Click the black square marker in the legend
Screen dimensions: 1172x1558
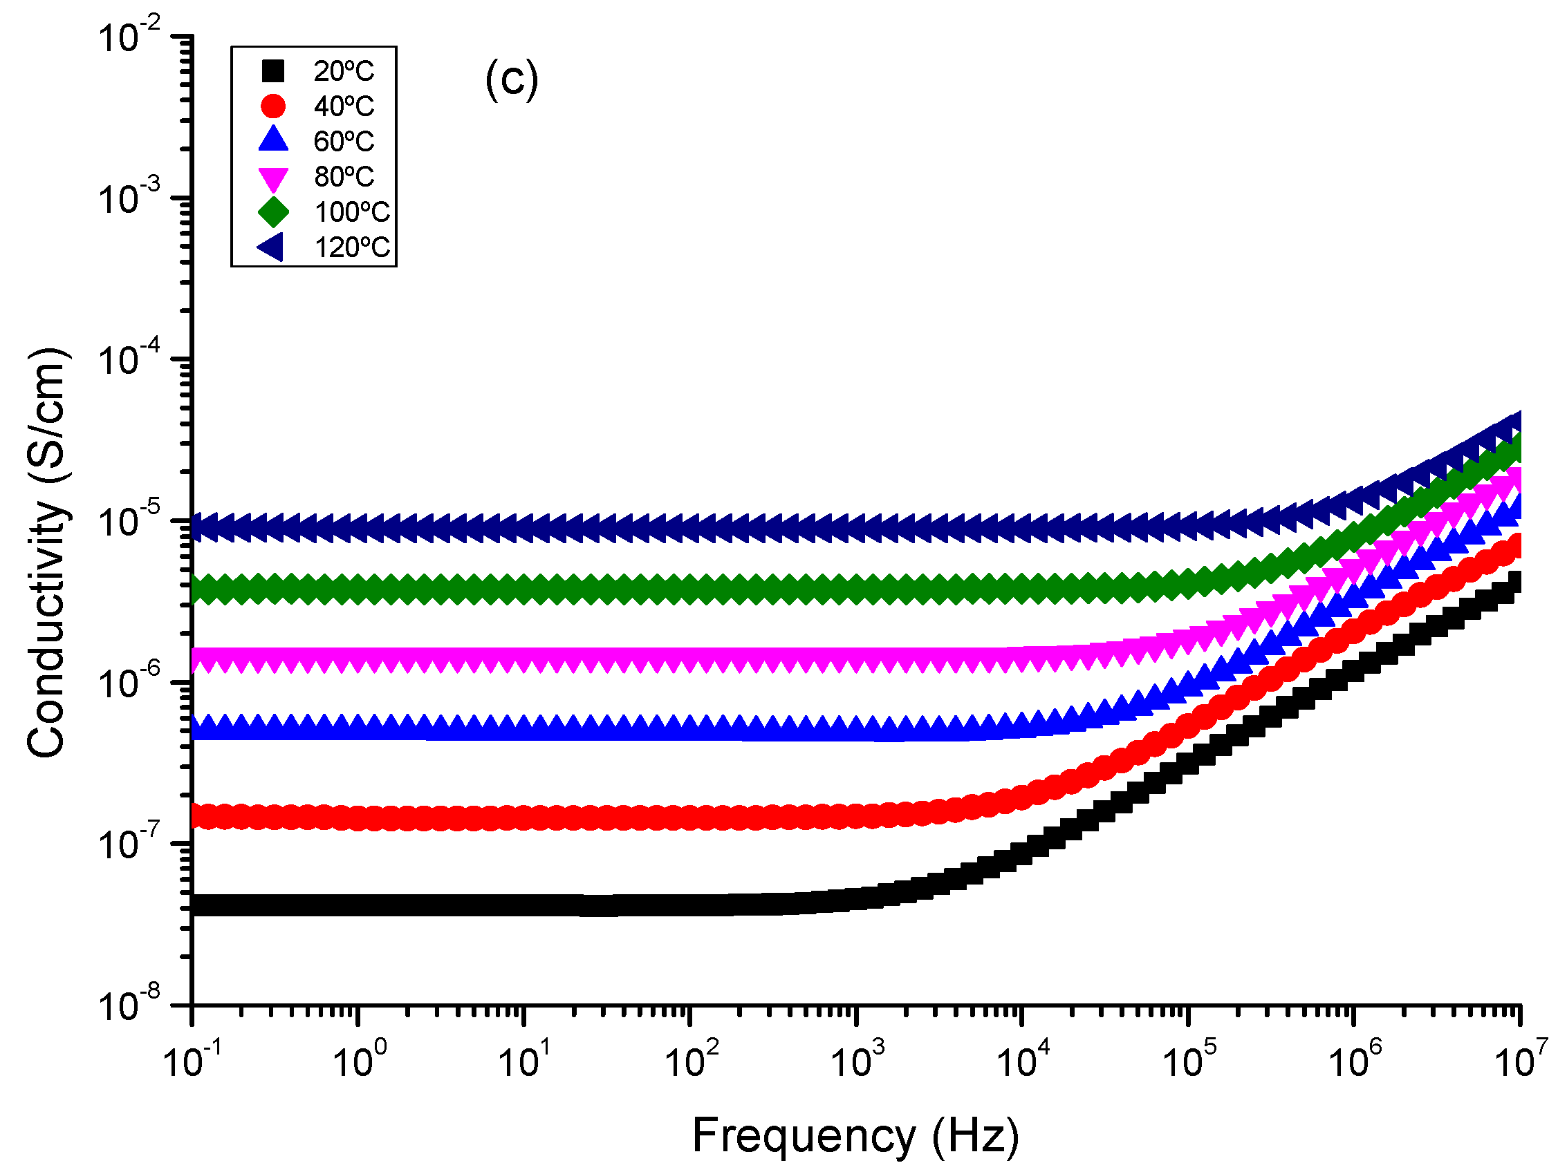[272, 70]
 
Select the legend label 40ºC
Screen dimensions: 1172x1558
[344, 106]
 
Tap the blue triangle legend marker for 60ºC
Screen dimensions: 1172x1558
[273, 140]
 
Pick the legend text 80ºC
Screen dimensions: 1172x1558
[344, 177]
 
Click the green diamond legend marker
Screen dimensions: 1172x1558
[273, 212]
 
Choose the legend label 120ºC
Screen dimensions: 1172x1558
[351, 248]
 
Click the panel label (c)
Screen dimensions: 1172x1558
[511, 79]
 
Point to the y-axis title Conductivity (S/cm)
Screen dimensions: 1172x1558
[48, 553]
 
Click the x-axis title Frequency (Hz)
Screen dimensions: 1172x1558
[855, 1135]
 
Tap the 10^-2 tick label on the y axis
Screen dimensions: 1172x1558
[129, 38]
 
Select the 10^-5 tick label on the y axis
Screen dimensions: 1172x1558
[129, 522]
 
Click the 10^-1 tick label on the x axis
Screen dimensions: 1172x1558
[192, 1061]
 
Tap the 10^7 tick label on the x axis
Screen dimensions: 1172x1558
[1521, 1061]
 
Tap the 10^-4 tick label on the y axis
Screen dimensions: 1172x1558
[129, 361]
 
